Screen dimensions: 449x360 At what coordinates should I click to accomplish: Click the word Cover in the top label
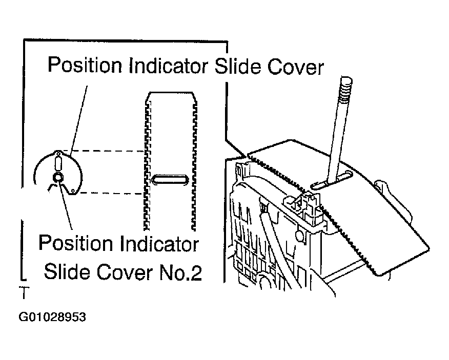click(x=295, y=67)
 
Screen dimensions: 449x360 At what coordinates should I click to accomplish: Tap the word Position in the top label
click(x=85, y=65)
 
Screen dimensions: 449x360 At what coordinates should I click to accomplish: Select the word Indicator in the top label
click(x=168, y=66)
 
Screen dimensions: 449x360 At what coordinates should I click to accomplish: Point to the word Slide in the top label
click(x=238, y=66)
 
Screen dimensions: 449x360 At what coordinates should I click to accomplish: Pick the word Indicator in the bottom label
click(x=159, y=244)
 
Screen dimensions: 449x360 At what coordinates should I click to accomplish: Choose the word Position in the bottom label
click(x=75, y=244)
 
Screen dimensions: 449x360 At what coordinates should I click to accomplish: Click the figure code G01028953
click(x=52, y=317)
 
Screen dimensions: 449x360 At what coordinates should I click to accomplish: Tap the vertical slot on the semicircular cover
click(x=58, y=162)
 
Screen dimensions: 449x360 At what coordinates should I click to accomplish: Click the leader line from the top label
click(x=78, y=118)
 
